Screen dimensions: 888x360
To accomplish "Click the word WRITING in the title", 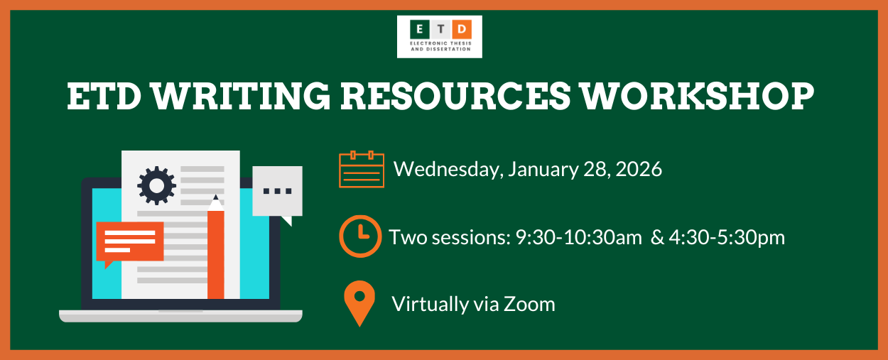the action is tap(242, 97).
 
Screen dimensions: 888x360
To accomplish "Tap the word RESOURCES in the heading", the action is tap(455, 97).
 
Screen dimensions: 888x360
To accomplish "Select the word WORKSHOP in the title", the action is tap(698, 97).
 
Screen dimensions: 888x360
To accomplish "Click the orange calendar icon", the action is tap(362, 169).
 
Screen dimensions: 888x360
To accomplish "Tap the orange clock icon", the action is tap(360, 236).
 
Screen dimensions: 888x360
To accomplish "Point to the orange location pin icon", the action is tap(359, 303).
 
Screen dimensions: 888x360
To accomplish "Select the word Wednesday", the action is tap(449, 170).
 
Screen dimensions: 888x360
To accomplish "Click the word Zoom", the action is tap(530, 304).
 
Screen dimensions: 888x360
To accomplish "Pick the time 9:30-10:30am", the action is tap(579, 238).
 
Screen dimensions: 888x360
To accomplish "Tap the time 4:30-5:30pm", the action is tap(727, 238).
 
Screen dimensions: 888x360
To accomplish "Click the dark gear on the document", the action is tap(156, 185).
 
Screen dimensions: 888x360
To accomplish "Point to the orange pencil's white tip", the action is tap(216, 203).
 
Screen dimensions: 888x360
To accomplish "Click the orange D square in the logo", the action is tap(462, 29).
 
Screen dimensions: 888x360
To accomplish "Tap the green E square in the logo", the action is tap(419, 29).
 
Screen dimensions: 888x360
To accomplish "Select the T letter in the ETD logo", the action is tap(440, 29).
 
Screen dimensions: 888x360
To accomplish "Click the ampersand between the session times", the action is tap(657, 238).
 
